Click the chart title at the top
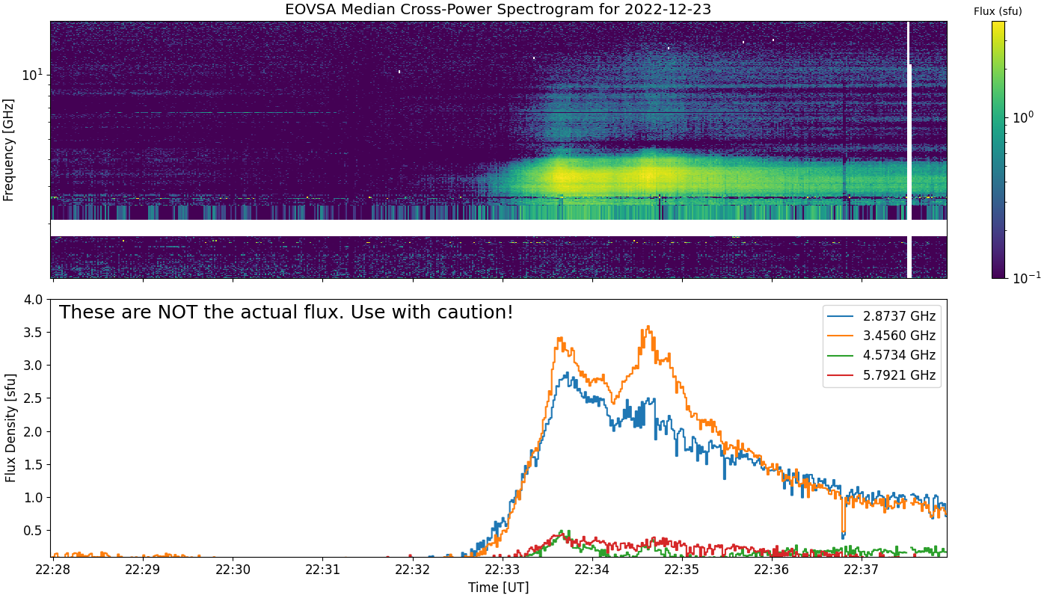tap(498, 9)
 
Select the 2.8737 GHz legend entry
tap(882, 316)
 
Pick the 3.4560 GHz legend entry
tap(882, 336)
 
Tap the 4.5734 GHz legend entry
tap(882, 356)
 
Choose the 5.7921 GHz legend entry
tap(882, 375)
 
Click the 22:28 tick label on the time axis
tap(53, 570)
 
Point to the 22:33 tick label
tap(503, 570)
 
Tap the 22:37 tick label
tap(862, 570)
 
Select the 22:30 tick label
tap(233, 570)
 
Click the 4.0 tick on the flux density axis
tap(33, 300)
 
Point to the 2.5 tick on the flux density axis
tap(33, 398)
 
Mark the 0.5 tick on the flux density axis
tap(33, 531)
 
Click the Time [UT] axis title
tap(498, 588)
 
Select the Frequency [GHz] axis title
tap(8, 150)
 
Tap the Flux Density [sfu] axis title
tap(10, 428)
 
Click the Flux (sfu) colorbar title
tap(998, 11)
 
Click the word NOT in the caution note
tap(177, 312)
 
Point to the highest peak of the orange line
tap(648, 327)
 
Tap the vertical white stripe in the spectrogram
tap(909, 149)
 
